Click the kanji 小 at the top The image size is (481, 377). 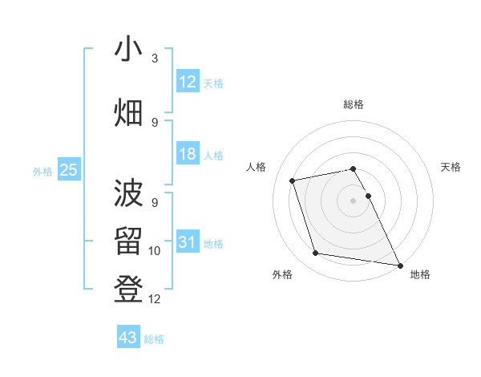[128, 50]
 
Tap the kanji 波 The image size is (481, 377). [128, 193]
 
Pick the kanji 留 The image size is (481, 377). [128, 241]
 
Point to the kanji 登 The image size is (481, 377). [128, 288]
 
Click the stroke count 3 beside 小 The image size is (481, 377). [155, 59]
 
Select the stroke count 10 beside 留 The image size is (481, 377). [155, 251]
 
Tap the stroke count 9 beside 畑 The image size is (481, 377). [155, 122]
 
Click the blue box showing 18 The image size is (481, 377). [187, 155]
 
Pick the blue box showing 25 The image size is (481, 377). [68, 170]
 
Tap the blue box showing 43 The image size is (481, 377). [127, 338]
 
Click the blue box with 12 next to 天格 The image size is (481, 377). [187, 82]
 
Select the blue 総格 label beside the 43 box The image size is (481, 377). [154, 339]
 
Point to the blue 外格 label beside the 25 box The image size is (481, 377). [42, 171]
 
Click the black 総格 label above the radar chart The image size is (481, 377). [354, 104]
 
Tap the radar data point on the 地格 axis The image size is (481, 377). [399, 264]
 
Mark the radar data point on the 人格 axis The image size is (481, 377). [293, 180]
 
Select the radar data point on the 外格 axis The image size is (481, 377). [316, 253]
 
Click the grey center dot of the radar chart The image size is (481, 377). [354, 201]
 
